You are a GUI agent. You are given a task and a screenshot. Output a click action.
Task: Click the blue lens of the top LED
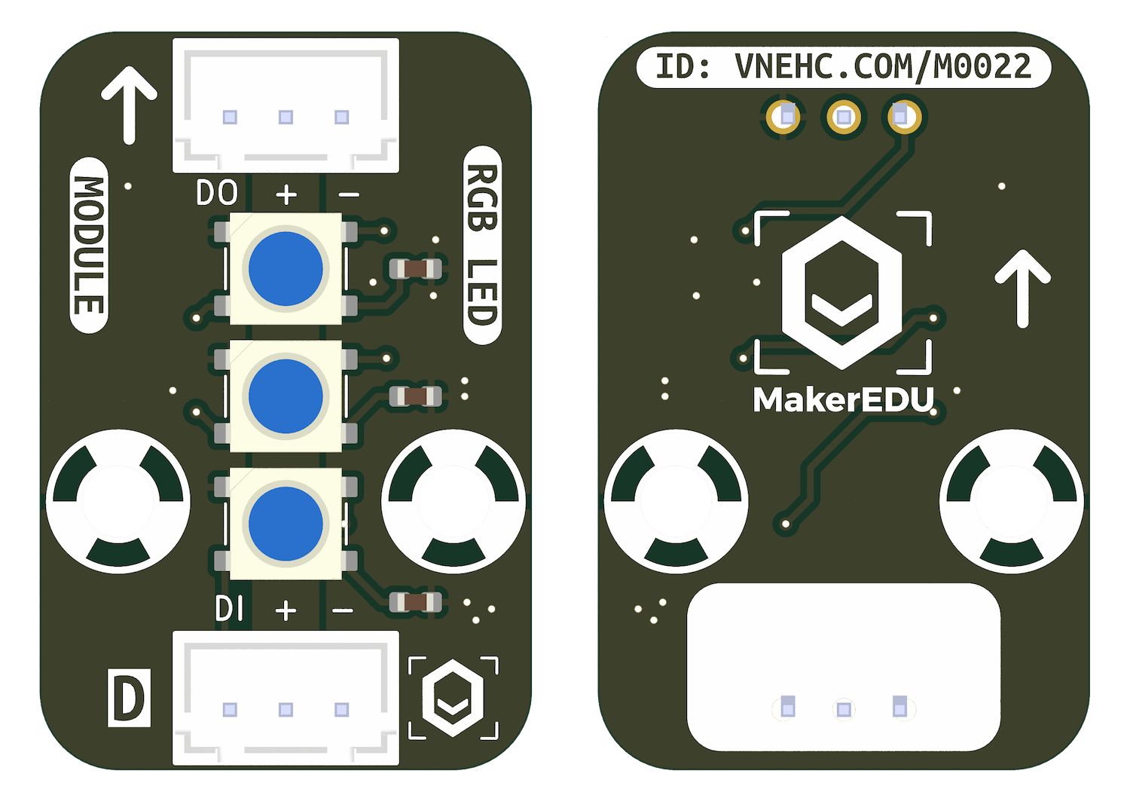pyautogui.click(x=286, y=269)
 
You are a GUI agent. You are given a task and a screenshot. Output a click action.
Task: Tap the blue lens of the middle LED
pyautogui.click(x=286, y=396)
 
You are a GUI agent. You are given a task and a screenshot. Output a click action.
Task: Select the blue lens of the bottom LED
pyautogui.click(x=286, y=524)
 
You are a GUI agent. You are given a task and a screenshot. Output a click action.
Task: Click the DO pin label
pyautogui.click(x=217, y=194)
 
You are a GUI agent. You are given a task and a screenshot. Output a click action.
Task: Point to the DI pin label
pyautogui.click(x=229, y=609)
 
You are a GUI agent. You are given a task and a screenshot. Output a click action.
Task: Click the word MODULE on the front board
pyautogui.click(x=89, y=246)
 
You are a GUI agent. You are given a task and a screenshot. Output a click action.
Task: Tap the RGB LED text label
pyautogui.click(x=482, y=246)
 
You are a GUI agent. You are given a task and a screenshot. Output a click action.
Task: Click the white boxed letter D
pyautogui.click(x=129, y=698)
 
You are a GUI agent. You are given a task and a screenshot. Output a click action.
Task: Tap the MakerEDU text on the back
pyautogui.click(x=843, y=400)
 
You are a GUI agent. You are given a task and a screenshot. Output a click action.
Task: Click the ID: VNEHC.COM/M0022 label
pyautogui.click(x=843, y=68)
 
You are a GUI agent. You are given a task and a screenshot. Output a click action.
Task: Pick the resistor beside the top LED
pyautogui.click(x=414, y=268)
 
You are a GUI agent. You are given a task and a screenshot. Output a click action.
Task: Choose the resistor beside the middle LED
pyautogui.click(x=414, y=396)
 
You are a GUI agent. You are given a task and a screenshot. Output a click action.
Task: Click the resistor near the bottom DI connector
pyautogui.click(x=414, y=601)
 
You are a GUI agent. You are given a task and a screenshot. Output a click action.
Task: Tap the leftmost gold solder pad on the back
pyautogui.click(x=783, y=118)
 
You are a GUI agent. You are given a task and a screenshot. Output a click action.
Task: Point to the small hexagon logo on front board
pyautogui.click(x=453, y=698)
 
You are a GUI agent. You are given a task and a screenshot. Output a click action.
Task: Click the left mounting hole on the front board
pyautogui.click(x=118, y=501)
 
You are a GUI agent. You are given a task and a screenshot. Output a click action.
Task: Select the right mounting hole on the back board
pyautogui.click(x=1011, y=501)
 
